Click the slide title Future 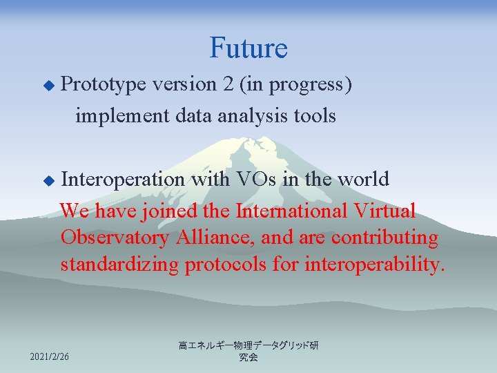[248, 48]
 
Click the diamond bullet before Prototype [48, 86]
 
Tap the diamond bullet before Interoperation [48, 180]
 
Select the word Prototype [104, 85]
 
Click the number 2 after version [228, 84]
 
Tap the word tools [315, 115]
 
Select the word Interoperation [123, 180]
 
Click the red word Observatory [115, 238]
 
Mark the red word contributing [384, 238]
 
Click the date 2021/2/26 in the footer [50, 356]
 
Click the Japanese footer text [248, 351]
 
